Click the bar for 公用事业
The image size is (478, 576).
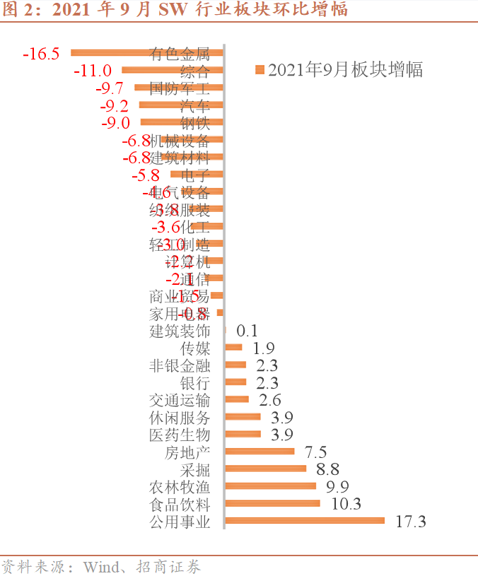pyautogui.click(x=304, y=521)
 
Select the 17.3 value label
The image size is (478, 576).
pyautogui.click(x=412, y=522)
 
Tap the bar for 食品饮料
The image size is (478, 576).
pyautogui.click(x=272, y=504)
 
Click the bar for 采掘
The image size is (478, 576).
pyautogui.click(x=265, y=469)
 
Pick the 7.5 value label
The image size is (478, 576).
pyautogui.click(x=315, y=452)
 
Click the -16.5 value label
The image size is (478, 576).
pyautogui.click(x=41, y=53)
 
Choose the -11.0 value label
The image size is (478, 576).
pyautogui.click(x=93, y=70)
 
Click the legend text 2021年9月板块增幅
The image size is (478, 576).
pyautogui.click(x=345, y=69)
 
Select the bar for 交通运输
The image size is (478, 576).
pyautogui.click(x=237, y=399)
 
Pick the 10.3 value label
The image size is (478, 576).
pyautogui.click(x=346, y=504)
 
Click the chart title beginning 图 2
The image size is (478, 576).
pyautogui.click(x=176, y=10)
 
